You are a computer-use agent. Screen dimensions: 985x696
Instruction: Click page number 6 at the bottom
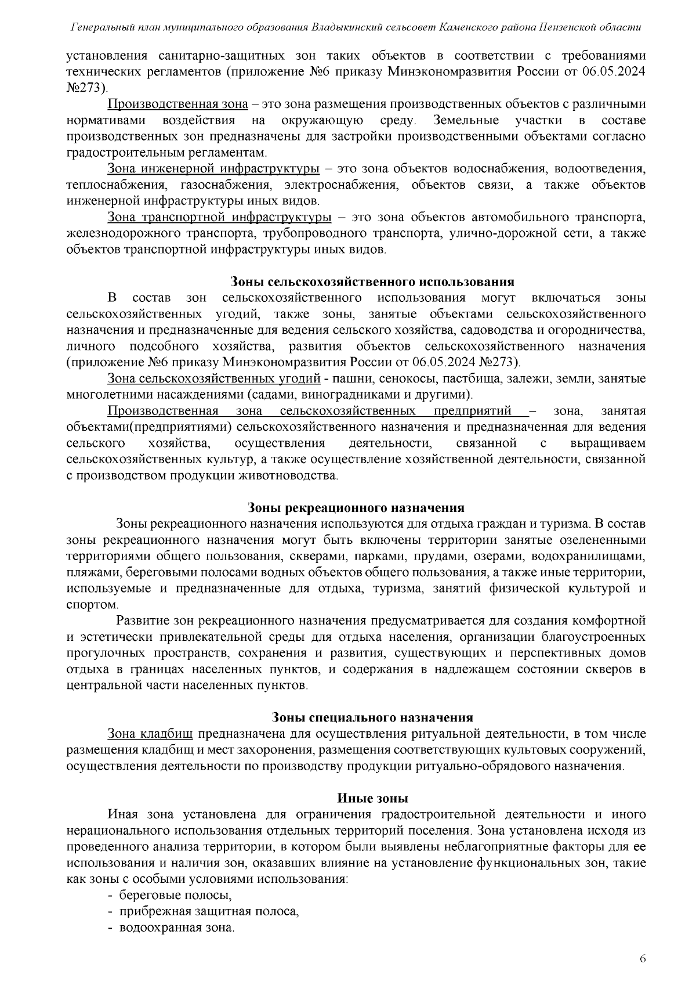(642, 958)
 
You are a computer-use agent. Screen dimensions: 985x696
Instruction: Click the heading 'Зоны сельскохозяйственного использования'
(372, 282)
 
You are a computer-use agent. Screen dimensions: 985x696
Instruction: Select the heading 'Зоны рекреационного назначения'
(356, 508)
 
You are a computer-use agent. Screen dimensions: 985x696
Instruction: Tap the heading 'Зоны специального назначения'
(372, 717)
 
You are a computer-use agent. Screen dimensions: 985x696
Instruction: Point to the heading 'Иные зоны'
(372, 798)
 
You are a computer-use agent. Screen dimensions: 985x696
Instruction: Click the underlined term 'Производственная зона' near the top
(177, 104)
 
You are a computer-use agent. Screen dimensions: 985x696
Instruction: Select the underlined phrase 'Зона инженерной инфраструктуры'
(213, 169)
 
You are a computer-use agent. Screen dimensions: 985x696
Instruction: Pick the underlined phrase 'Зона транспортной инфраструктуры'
(219, 218)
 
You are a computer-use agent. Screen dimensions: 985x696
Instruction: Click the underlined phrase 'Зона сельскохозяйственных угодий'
(213, 379)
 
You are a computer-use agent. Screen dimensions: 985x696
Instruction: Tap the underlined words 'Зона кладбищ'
(150, 734)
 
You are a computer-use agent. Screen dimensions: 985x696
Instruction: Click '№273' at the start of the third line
(86, 88)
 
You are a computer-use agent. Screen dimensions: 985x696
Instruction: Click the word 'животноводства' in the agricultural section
(295, 476)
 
